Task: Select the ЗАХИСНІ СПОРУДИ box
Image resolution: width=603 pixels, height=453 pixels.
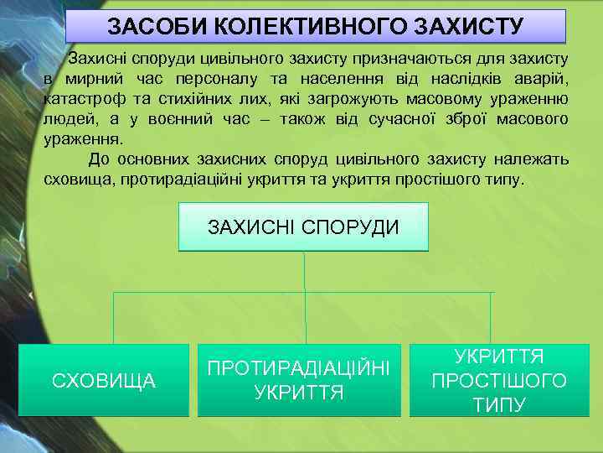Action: point(303,227)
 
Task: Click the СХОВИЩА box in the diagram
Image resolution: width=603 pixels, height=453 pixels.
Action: point(104,381)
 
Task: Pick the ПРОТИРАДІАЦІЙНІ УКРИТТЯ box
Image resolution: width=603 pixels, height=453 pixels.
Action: point(299,380)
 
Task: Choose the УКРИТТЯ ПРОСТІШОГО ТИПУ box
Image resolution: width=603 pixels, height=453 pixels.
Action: point(498,380)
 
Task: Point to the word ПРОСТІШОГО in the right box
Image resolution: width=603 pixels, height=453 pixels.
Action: point(498,381)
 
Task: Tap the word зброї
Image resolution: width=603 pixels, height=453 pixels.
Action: point(462,119)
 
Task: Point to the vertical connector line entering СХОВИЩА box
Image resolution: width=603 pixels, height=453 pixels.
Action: point(112,318)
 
